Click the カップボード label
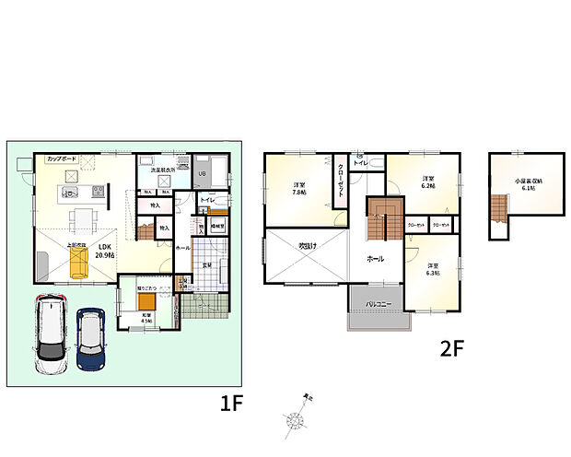(62, 159)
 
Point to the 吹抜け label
(307, 246)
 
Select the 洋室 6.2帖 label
(427, 182)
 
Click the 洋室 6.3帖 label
(432, 269)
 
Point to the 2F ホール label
(376, 258)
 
